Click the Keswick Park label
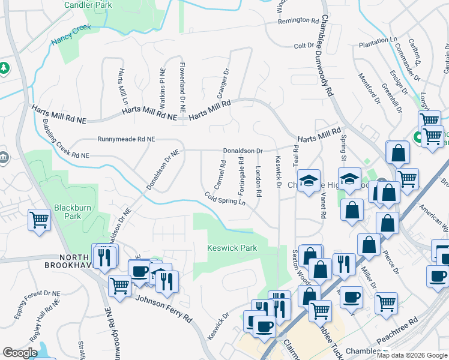point(232,248)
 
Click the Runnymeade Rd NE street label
point(126,139)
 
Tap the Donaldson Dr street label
point(243,151)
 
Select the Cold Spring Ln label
point(225,199)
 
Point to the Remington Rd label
point(298,20)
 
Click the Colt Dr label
point(304,46)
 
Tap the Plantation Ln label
point(378,41)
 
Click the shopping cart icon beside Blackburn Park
point(39,220)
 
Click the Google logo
point(20,353)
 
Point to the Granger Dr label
point(223,83)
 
